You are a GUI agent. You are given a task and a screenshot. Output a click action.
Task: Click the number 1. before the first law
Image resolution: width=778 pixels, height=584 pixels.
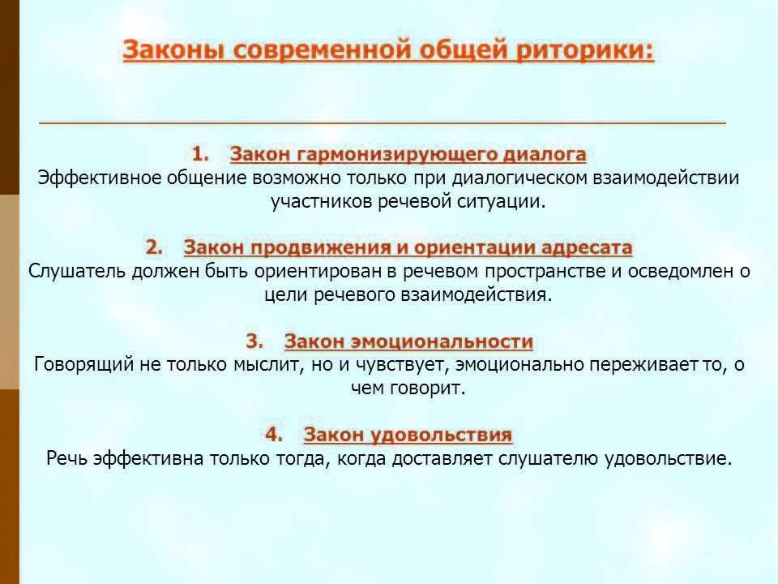(x=200, y=153)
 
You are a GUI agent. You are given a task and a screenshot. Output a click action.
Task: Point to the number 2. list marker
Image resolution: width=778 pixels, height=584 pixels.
(x=154, y=247)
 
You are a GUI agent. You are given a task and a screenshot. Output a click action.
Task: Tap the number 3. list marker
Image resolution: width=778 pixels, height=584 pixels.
(x=254, y=341)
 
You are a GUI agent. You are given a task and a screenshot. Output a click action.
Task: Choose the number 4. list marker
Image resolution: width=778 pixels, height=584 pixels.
(x=274, y=433)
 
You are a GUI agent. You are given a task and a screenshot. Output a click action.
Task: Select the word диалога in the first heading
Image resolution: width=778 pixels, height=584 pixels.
(x=545, y=154)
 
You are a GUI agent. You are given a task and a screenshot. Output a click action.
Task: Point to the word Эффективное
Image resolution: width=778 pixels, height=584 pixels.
(x=100, y=178)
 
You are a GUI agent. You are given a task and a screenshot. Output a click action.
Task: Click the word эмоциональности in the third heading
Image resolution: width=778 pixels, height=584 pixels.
(x=442, y=341)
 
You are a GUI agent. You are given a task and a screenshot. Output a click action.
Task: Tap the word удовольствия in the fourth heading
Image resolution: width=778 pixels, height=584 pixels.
(x=442, y=435)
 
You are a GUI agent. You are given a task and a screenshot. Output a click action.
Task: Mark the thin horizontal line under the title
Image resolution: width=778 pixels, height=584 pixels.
(x=383, y=122)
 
